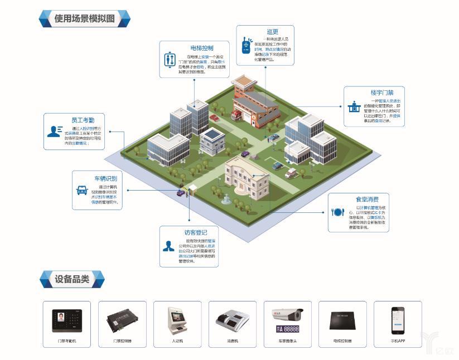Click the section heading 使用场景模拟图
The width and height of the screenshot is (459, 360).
pos(84,18)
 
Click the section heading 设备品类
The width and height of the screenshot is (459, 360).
pos(72,279)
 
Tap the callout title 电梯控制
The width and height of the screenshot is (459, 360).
pos(201,48)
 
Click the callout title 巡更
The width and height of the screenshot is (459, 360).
pos(272,32)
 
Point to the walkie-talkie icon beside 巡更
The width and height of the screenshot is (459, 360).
pos(245,45)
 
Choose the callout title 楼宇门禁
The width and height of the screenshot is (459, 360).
pos(382,93)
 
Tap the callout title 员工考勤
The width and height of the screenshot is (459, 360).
pos(83,120)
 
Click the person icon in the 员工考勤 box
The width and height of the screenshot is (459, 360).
pos(55,132)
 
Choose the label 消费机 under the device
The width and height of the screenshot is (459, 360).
pos(232,340)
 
